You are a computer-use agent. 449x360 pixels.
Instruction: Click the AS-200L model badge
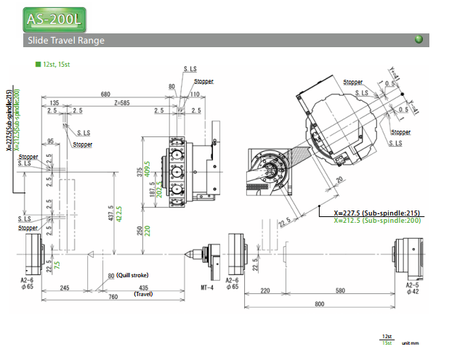click(x=54, y=17)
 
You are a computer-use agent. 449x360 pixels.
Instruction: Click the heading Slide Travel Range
click(x=65, y=40)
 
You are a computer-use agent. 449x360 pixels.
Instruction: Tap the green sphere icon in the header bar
click(x=418, y=39)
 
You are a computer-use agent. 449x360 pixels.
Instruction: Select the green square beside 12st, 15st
click(x=38, y=64)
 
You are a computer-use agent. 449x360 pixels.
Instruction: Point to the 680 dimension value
click(x=106, y=94)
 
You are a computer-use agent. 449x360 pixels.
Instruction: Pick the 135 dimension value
click(x=55, y=103)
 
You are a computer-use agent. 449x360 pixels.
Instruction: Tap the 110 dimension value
click(x=194, y=94)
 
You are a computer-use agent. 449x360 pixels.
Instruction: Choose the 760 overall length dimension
click(x=113, y=297)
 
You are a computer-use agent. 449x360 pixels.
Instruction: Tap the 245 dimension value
click(x=64, y=288)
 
